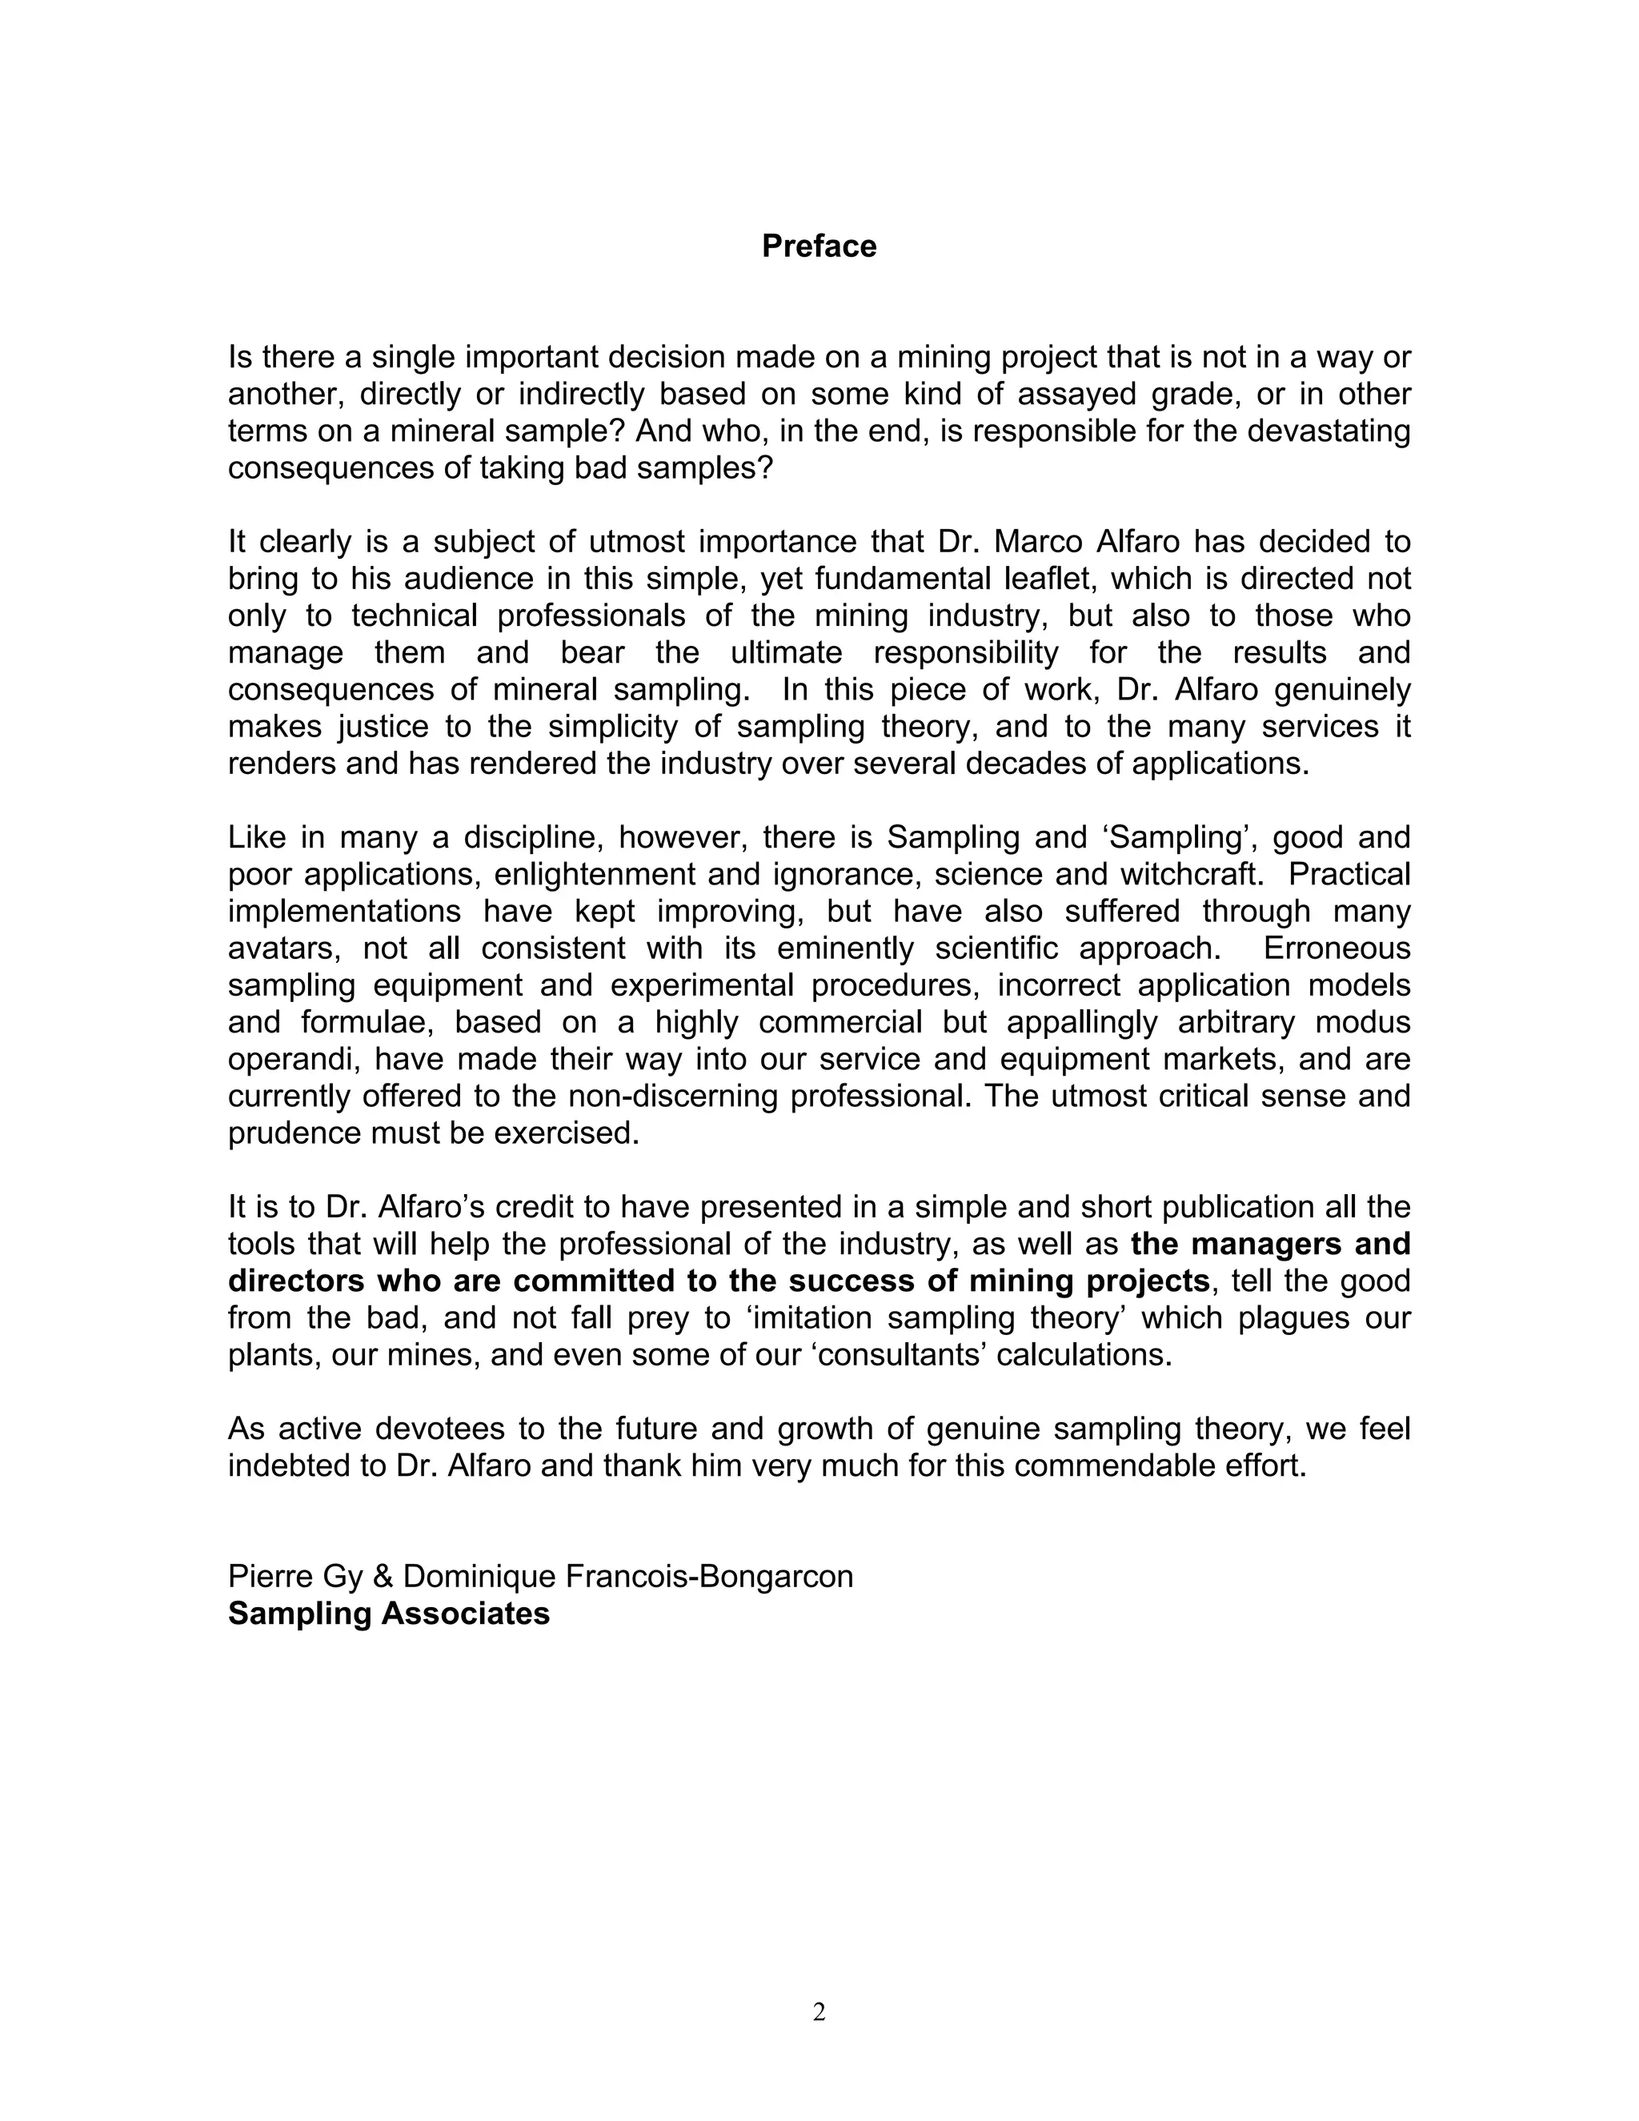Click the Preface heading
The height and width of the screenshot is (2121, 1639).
pos(819,247)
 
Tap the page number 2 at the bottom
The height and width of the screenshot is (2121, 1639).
pos(819,2012)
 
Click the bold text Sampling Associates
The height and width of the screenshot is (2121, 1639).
pos(388,1613)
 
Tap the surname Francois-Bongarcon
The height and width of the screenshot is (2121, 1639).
pos(709,1576)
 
